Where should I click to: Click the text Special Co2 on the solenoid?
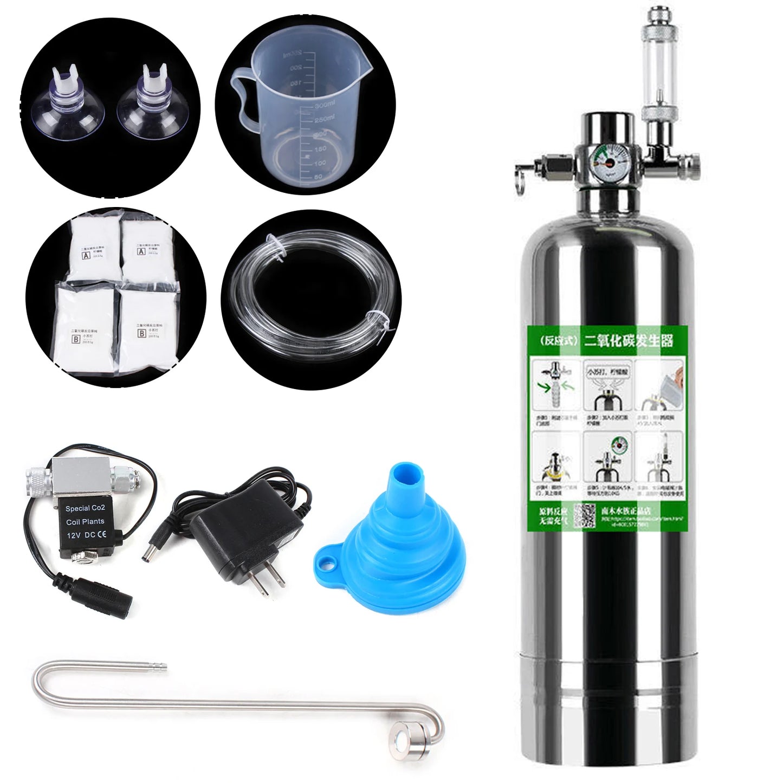pos(85,508)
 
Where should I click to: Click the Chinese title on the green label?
pos(628,341)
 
